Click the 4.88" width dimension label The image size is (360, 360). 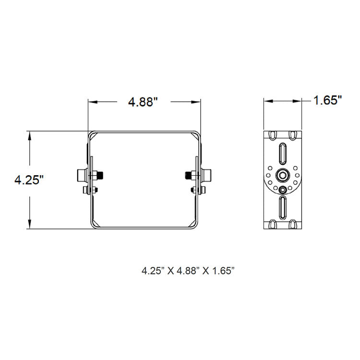[x=143, y=102]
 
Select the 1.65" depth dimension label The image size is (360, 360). [x=327, y=100]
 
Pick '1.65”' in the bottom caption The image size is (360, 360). [x=222, y=271]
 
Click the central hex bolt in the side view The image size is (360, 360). [x=283, y=175]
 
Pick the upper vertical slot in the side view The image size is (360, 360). [x=283, y=153]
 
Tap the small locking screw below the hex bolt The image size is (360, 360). [x=283, y=190]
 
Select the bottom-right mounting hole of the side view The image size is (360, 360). [x=293, y=224]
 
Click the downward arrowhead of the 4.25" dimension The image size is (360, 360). [x=30, y=224]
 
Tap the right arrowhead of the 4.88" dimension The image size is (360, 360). [x=196, y=102]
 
